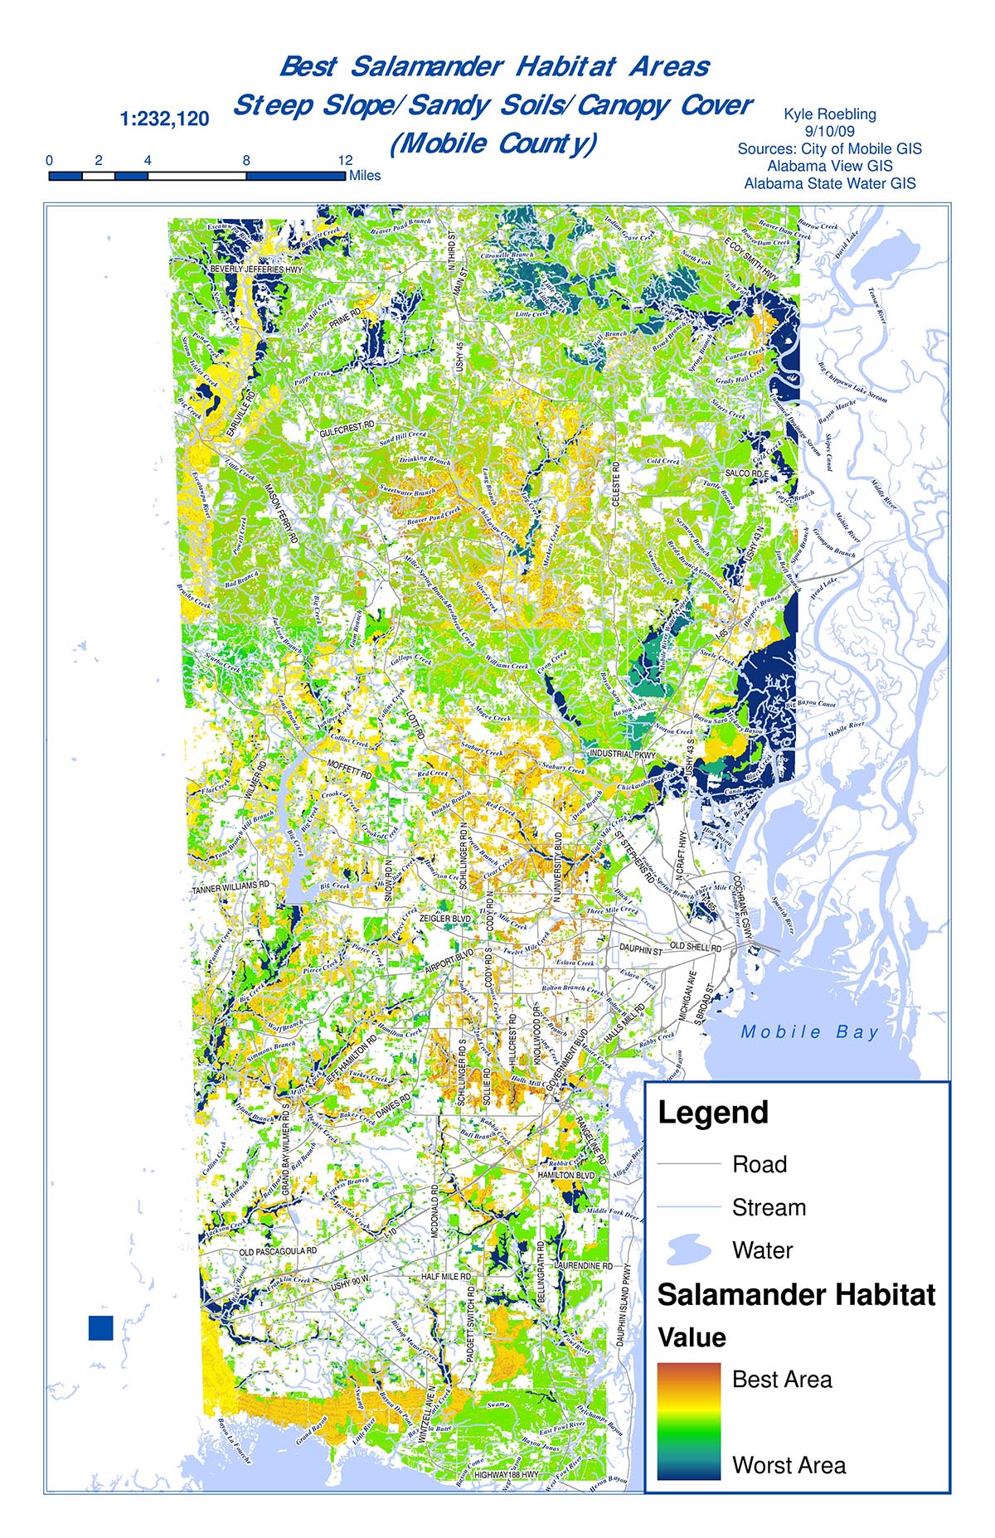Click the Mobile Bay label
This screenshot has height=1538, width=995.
[x=809, y=1032]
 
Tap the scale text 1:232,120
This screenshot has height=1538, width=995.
[x=164, y=119]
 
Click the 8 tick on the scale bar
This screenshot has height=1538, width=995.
[x=246, y=161]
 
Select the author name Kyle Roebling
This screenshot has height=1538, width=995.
[x=829, y=114]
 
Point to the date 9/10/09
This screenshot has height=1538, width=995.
[x=829, y=131]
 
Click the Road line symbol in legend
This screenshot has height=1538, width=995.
[x=688, y=1164]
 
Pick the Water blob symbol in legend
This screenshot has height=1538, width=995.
[x=688, y=1249]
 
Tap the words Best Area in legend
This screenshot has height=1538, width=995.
[x=782, y=1380]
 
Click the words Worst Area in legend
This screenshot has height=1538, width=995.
[x=789, y=1466]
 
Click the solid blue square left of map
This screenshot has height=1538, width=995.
[x=100, y=1327]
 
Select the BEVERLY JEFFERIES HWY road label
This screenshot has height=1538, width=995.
[x=256, y=269]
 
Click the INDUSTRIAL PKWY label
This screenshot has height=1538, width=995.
[x=622, y=754]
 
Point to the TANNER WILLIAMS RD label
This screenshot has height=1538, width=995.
[x=231, y=888]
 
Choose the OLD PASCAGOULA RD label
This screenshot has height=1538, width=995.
[x=278, y=1251]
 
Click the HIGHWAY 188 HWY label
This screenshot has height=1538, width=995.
[x=506, y=1475]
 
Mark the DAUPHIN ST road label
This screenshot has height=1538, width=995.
[x=641, y=950]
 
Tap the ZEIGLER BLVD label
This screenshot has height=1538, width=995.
[x=445, y=919]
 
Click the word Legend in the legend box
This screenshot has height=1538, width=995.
[x=713, y=1113]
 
